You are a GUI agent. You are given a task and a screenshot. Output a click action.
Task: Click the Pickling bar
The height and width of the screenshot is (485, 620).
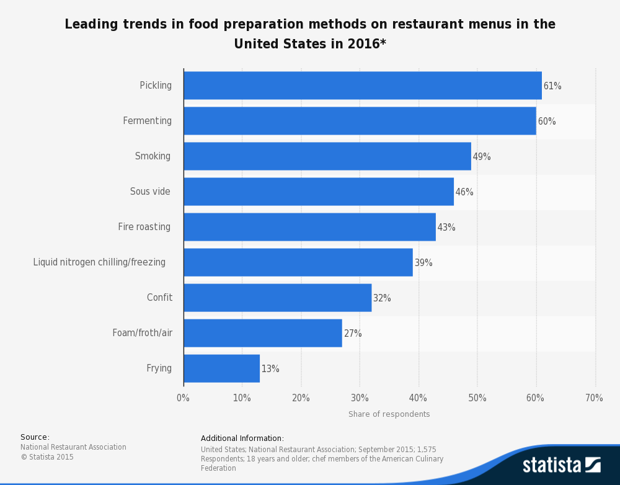[x=363, y=86]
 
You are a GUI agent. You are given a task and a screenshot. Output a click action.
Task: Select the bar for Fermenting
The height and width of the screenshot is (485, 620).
[x=360, y=121]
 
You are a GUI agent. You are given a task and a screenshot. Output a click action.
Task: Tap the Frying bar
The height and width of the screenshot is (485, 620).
[x=221, y=368]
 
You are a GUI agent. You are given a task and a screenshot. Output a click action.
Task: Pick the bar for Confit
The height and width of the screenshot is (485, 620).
[x=277, y=298]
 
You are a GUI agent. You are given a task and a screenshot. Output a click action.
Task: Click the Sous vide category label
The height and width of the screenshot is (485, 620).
[x=150, y=192]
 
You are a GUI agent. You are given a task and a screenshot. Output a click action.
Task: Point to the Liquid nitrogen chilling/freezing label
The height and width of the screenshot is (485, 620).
[x=99, y=262]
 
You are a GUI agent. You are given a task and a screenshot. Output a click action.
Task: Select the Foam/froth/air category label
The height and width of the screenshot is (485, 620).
[x=142, y=333]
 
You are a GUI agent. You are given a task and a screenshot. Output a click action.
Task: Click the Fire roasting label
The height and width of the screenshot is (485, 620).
[x=144, y=227]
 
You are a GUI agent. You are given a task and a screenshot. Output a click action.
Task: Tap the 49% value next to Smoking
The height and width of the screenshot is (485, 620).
[x=482, y=157]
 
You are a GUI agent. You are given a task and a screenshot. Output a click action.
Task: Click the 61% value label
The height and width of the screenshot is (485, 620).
[x=552, y=86]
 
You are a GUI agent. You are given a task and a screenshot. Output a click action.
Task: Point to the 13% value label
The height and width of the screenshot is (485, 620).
[x=270, y=369]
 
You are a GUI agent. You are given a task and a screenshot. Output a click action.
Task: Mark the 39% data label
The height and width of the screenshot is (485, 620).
[x=423, y=263]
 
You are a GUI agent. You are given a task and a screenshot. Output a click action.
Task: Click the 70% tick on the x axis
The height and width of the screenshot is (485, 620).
[x=594, y=398]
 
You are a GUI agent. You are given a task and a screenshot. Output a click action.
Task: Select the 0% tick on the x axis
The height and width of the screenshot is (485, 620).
[x=183, y=398]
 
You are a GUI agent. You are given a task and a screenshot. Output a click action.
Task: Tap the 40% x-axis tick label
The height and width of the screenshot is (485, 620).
[x=418, y=398]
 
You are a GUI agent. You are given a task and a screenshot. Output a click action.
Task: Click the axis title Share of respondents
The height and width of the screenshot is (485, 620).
[x=389, y=414]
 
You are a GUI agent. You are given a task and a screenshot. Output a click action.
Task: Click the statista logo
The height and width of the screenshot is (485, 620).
[x=561, y=465]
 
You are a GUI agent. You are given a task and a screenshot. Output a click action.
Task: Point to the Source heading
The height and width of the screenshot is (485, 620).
[x=35, y=437]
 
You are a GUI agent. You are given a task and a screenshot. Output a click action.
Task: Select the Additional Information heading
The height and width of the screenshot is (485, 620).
[x=242, y=438]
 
